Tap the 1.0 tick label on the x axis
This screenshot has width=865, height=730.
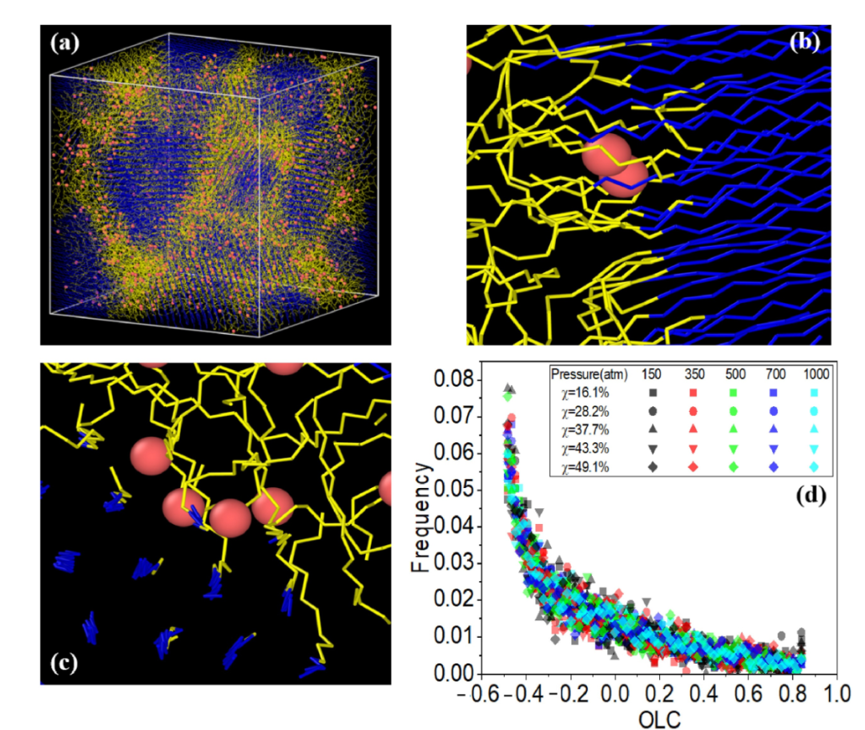pos(836,690)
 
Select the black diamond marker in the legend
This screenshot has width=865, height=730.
pos(653,466)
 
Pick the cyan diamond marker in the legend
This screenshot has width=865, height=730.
pos(815,466)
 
